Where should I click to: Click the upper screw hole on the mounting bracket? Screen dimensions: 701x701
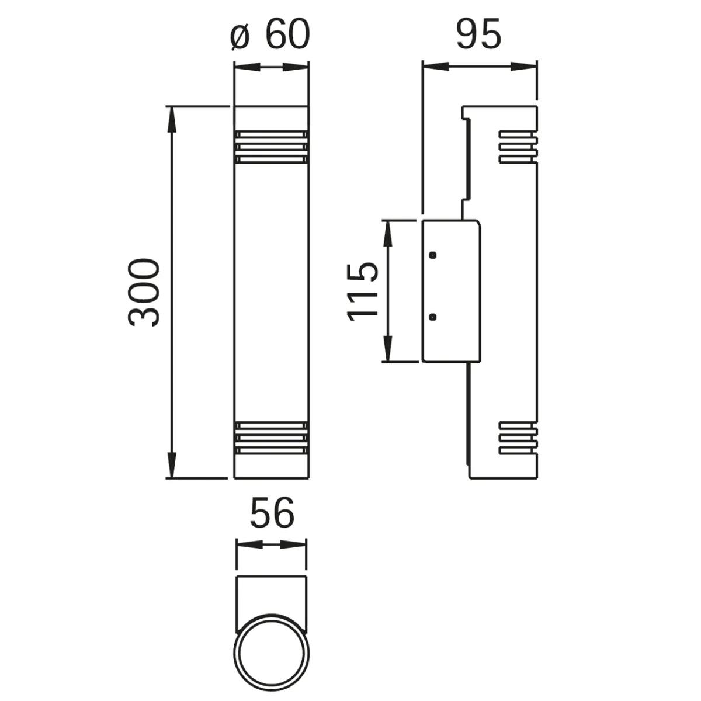coord(432,255)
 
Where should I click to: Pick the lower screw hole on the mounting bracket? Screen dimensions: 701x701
coord(432,317)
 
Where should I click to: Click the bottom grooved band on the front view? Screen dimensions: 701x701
coord(271,439)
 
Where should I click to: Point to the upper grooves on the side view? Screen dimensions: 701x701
coord(517,147)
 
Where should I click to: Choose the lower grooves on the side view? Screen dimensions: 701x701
coord(517,438)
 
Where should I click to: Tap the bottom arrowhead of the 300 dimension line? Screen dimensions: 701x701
coord(172,467)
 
